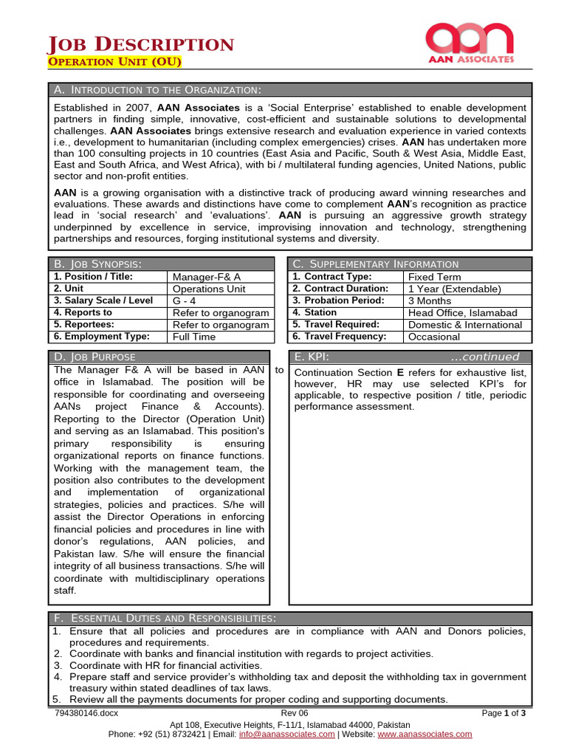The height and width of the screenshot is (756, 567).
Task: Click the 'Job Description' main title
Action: pyautogui.click(x=141, y=44)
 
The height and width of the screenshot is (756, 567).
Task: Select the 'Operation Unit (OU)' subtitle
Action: pyautogui.click(x=114, y=62)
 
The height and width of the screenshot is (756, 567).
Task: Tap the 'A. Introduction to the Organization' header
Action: pyautogui.click(x=158, y=90)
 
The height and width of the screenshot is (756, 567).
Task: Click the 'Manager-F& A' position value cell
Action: pyautogui.click(x=206, y=277)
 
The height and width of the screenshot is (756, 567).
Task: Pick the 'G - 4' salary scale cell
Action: pyautogui.click(x=185, y=300)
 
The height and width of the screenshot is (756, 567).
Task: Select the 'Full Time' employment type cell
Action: pyautogui.click(x=193, y=337)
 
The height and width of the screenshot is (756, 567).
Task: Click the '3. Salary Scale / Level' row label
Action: pyautogui.click(x=103, y=300)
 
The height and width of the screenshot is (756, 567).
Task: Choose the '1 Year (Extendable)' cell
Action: pyautogui.click(x=454, y=289)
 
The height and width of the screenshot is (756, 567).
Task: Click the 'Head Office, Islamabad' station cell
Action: pyautogui.click(x=463, y=313)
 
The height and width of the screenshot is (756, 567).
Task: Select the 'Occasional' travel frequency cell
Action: pyautogui.click(x=434, y=337)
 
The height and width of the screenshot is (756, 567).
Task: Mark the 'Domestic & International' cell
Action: pyautogui.click(x=464, y=325)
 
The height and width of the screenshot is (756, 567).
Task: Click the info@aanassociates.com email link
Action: pyautogui.click(x=286, y=734)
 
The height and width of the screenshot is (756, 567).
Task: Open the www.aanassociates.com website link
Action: pyautogui.click(x=430, y=734)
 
